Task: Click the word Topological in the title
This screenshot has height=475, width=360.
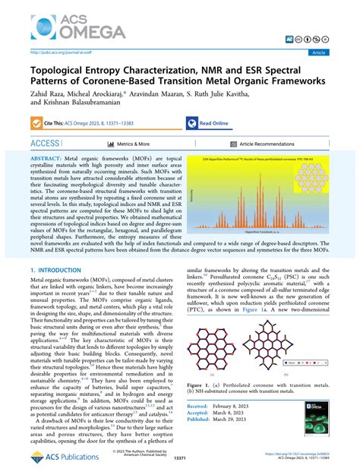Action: [62, 69]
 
